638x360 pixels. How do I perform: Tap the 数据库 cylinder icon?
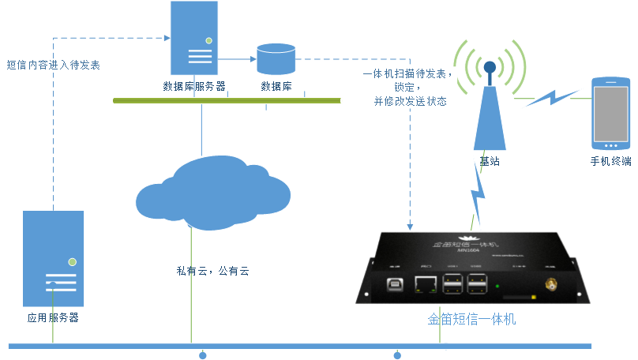(276, 60)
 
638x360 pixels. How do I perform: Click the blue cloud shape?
(212, 192)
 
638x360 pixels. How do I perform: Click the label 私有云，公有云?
(212, 271)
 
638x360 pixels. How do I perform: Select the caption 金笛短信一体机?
(472, 320)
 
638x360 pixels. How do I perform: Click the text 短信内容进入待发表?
(53, 66)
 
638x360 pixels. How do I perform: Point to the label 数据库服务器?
(194, 86)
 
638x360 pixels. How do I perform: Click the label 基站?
(490, 161)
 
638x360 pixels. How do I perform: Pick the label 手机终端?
(610, 161)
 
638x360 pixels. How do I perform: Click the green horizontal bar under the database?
(227, 100)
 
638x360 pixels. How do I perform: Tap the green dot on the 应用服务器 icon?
(72, 261)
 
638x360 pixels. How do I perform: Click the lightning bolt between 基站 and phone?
(552, 98)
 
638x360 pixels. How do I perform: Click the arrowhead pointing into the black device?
(410, 226)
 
